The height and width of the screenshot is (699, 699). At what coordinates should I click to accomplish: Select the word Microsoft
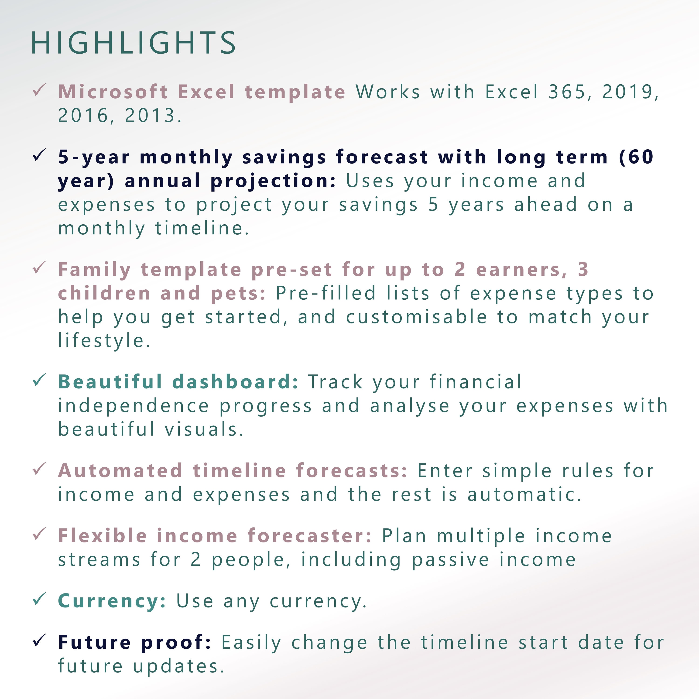pos(113,92)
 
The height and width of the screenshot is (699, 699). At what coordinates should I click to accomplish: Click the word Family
pos(94,270)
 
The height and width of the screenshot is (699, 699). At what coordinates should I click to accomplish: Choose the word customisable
pos(416,317)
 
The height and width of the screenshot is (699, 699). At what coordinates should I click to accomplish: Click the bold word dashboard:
pos(235,382)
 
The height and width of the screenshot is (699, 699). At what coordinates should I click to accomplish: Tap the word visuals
pos(204,430)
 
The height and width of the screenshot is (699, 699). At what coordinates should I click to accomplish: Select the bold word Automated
pos(120,471)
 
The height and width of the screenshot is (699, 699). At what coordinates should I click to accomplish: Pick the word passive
pos(450,560)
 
